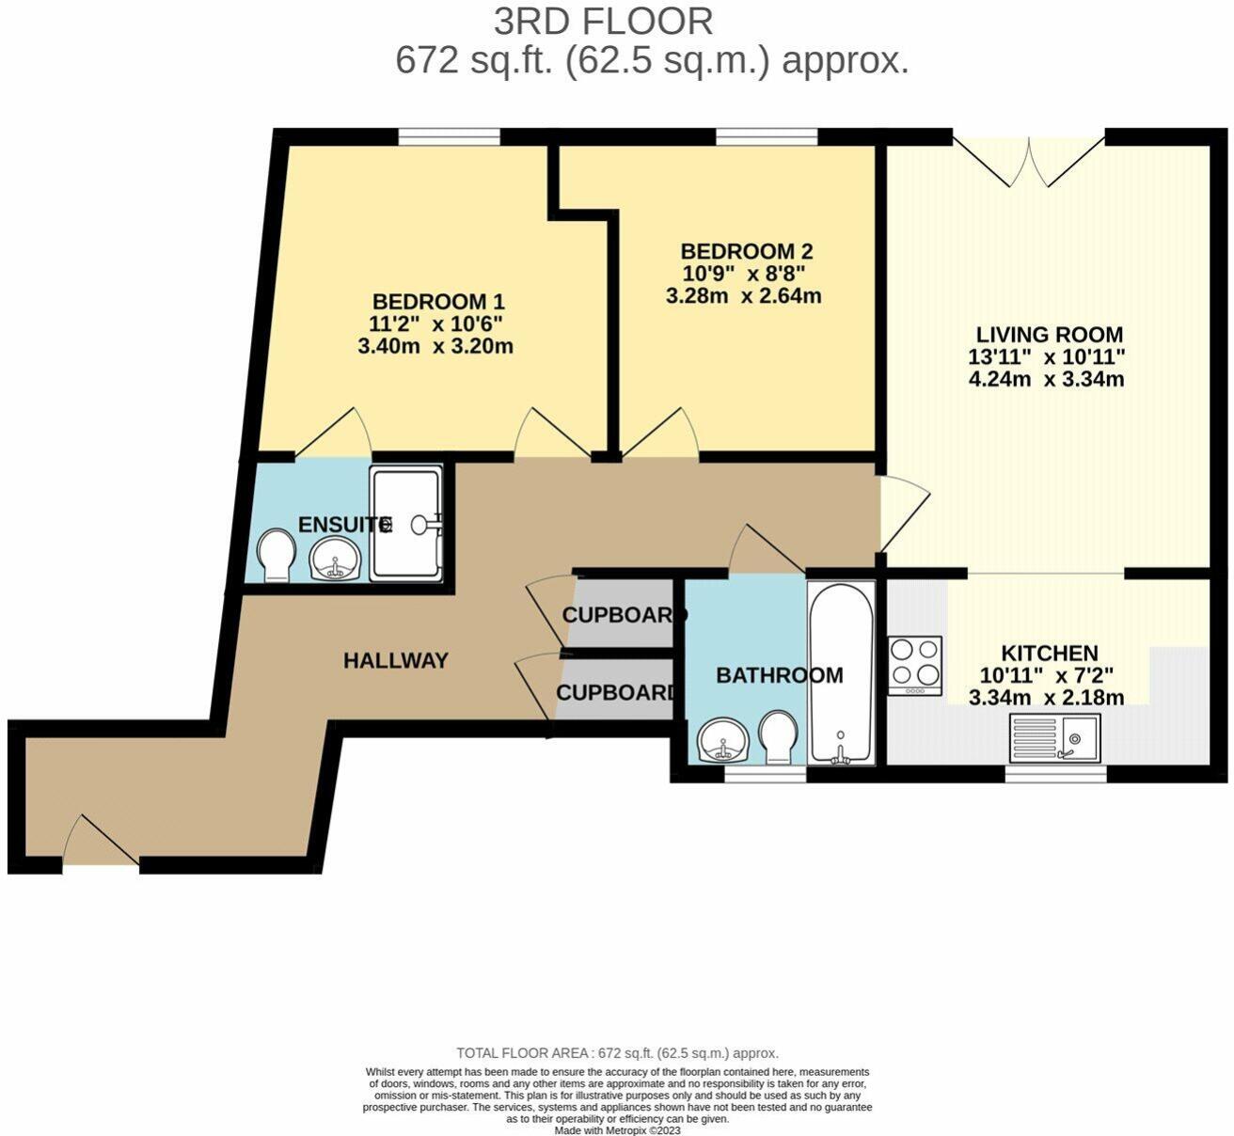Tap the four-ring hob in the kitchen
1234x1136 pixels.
click(915, 666)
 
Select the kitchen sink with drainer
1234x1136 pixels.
click(1055, 737)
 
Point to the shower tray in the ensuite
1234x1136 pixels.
click(406, 523)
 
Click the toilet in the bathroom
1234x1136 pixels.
click(778, 737)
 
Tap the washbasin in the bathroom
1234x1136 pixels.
click(723, 740)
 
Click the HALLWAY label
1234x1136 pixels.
click(396, 660)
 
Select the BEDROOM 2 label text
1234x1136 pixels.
click(746, 251)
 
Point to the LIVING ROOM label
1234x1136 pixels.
click(1050, 335)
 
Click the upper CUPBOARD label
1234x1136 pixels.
click(624, 614)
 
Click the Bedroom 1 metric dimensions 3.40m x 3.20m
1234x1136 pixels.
click(435, 346)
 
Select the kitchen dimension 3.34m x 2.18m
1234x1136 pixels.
click(1047, 698)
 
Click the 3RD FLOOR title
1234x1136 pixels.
click(604, 22)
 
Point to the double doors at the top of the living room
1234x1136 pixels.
click(1029, 160)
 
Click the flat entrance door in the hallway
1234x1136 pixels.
click(102, 844)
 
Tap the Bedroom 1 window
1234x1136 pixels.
click(449, 136)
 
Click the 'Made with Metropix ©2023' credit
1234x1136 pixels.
click(618, 1130)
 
